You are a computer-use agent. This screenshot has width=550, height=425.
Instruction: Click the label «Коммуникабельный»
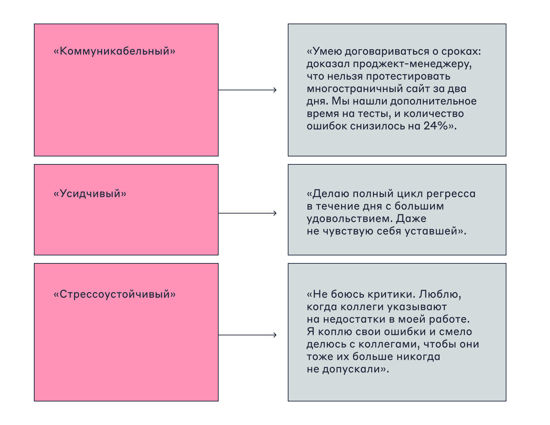tap(114, 51)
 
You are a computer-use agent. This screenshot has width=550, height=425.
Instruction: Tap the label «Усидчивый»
tap(90, 194)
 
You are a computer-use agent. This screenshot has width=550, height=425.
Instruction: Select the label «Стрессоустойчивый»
tap(114, 295)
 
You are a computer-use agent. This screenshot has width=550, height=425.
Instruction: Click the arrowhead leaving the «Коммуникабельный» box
tap(275, 90)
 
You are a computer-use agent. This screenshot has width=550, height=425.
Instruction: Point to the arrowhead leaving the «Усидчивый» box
tap(275, 213)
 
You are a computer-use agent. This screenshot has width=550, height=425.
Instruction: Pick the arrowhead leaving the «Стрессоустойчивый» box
tap(275, 335)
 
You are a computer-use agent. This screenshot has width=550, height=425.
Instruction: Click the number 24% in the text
tap(436, 126)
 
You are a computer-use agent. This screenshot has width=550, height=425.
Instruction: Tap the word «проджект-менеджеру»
tap(412, 64)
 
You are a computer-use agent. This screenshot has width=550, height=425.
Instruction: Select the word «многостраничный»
tap(355, 89)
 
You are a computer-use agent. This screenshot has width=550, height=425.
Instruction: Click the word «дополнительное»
tap(433, 101)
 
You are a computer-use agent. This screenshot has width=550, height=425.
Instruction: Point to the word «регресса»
tap(451, 194)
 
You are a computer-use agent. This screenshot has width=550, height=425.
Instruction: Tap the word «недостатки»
tap(354, 319)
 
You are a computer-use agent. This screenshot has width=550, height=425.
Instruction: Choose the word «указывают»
tap(417, 307)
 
